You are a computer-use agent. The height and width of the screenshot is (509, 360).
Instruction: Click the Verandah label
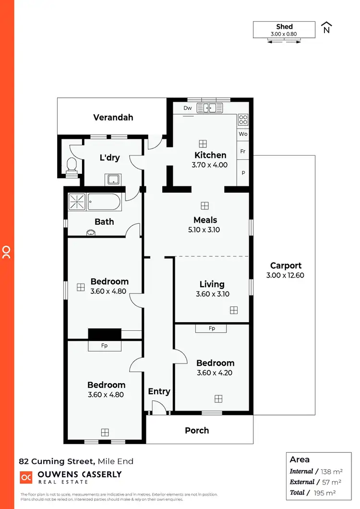pyautogui.click(x=113, y=117)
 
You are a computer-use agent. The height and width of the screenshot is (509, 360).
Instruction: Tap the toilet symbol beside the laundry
pyautogui.click(x=72, y=165)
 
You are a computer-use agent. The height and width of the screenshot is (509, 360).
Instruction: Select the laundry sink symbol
pyautogui.click(x=113, y=180)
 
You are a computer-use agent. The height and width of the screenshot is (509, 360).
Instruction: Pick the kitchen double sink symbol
pyautogui.click(x=210, y=108)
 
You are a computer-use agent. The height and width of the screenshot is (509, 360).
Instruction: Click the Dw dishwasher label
pyautogui.click(x=188, y=108)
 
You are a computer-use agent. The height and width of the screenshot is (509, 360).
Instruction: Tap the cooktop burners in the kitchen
pyautogui.click(x=243, y=120)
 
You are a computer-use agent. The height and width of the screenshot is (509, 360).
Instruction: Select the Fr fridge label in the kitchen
pyautogui.click(x=243, y=151)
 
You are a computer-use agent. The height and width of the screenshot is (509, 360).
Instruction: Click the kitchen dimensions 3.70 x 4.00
pyautogui.click(x=211, y=165)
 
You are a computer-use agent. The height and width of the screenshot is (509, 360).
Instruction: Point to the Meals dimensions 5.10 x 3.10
pyautogui.click(x=205, y=230)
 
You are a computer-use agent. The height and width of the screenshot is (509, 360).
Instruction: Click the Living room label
pyautogui.click(x=212, y=284)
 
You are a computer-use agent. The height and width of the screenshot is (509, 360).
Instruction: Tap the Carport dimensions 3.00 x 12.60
pyautogui.click(x=285, y=276)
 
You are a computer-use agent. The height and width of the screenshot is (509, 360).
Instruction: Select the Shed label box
pyautogui.click(x=284, y=30)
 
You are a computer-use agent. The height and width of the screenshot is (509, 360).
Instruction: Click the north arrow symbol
pyautogui.click(x=326, y=27)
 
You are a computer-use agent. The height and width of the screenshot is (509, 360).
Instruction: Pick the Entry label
pyautogui.click(x=159, y=391)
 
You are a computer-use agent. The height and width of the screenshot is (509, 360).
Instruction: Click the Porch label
pyautogui.click(x=197, y=430)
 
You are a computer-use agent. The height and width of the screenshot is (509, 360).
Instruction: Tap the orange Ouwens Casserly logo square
pyautogui.click(x=25, y=477)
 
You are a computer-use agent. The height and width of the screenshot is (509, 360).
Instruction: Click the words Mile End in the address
pyautogui.click(x=115, y=461)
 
